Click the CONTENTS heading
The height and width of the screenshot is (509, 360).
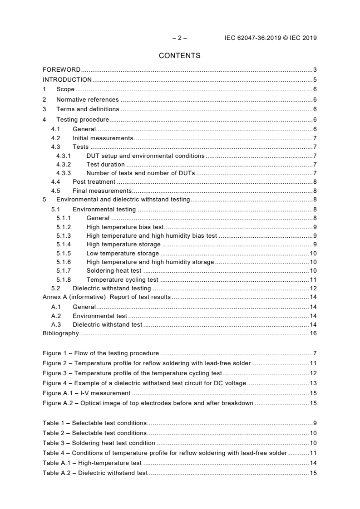pos(179,56)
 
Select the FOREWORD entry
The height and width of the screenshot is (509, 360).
pos(61,70)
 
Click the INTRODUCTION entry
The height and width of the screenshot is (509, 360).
pos(67,80)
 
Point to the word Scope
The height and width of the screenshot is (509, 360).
pos(65,90)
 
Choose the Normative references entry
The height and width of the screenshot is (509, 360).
pos(87,100)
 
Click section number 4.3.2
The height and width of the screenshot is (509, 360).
pos(64,165)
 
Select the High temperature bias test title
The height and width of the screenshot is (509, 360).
pos(125,227)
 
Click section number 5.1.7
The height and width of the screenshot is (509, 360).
pos(64,271)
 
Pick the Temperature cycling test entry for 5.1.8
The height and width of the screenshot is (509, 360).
pos(122,280)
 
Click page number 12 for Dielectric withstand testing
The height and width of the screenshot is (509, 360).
pos(313,289)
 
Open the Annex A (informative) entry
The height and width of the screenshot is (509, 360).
pos(106,297)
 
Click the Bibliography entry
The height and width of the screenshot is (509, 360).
pos(60,333)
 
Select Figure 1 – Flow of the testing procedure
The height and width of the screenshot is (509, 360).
pos(101,353)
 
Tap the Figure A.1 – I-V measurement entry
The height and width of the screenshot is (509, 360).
pos(87,393)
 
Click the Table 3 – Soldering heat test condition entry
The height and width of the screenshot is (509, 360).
pos(99,443)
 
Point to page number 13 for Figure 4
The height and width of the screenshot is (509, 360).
pos(313,383)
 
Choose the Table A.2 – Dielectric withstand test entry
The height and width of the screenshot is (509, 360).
pos(95,473)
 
